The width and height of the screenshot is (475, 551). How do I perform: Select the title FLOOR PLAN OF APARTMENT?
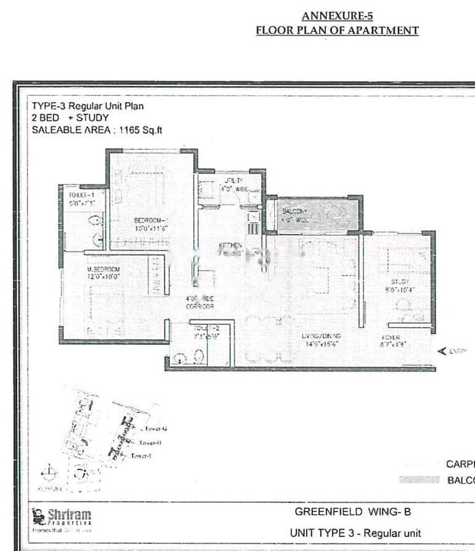[x=337, y=30]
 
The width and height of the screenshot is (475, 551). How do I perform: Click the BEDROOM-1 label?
[x=150, y=221]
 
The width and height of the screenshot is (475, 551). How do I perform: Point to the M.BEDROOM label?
[x=103, y=270]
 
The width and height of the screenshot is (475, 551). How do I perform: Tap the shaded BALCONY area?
[x=314, y=215]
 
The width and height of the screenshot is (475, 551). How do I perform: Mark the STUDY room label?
[x=400, y=281]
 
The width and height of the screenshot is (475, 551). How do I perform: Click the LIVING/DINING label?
[x=322, y=336]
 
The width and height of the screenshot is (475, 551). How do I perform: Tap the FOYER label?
[x=390, y=337]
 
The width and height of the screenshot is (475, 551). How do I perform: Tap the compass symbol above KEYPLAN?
[x=47, y=473]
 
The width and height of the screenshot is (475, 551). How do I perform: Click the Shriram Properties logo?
[x=61, y=518]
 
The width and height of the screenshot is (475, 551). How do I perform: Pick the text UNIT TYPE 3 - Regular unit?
[x=355, y=533]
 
